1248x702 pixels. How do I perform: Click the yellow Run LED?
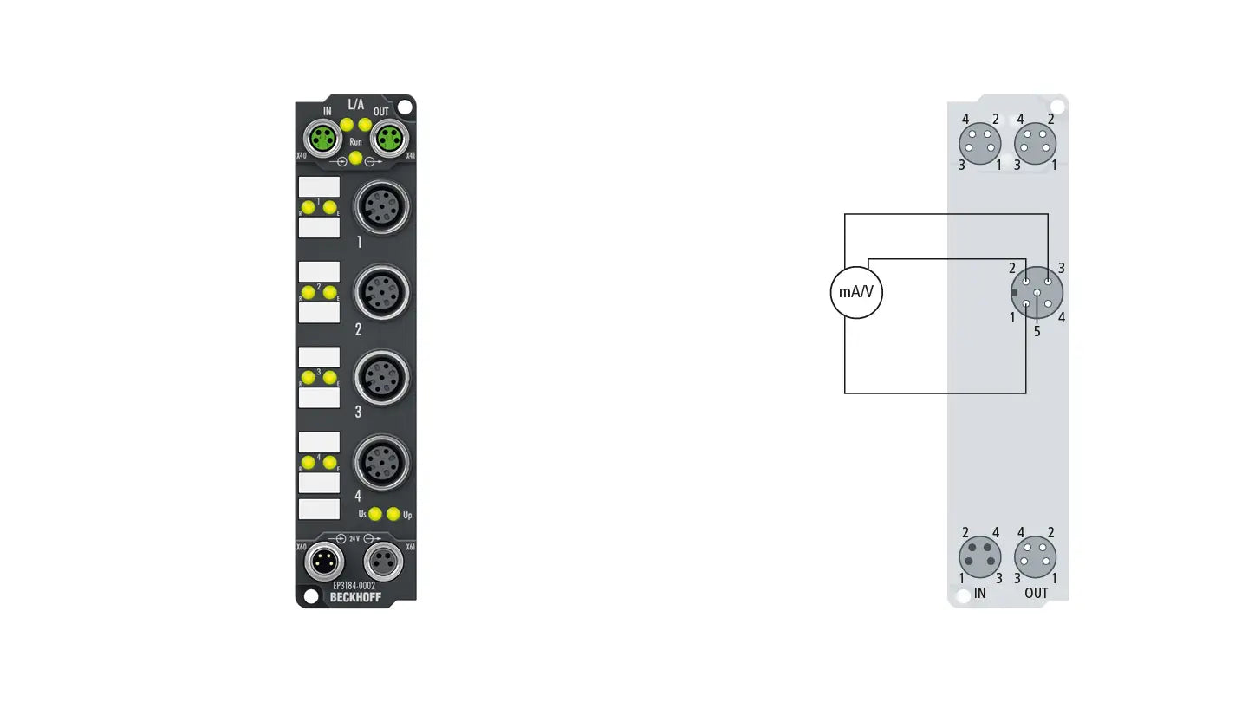355,156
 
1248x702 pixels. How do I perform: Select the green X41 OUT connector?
387,138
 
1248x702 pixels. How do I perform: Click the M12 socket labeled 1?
381,205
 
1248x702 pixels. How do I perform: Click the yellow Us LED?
375,514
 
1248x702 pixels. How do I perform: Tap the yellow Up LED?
393,514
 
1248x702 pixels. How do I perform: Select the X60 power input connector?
322,563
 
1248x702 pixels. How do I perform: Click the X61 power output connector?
383,563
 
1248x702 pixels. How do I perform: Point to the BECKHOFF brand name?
355,597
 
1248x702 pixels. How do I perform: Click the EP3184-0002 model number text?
354,586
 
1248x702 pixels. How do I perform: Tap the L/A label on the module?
355,105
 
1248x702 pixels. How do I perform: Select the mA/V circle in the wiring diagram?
856,292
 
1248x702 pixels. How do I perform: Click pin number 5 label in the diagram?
1037,330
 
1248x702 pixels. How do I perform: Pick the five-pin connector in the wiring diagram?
1037,293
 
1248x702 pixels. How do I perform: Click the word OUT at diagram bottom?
1037,594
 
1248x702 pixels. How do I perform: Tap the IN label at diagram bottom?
979,594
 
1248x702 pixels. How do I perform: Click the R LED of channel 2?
308,292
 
